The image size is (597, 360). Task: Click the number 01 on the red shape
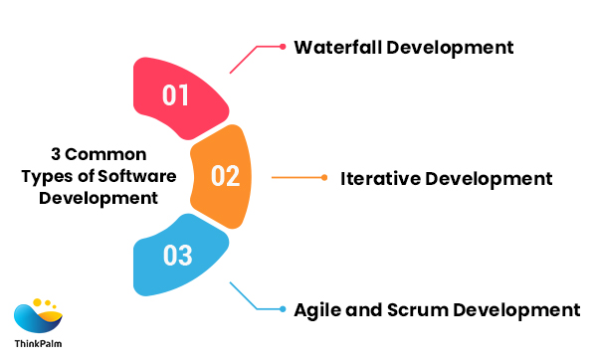pos(176,96)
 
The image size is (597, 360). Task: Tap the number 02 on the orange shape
pos(226,176)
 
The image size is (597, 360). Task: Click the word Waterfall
pos(335,47)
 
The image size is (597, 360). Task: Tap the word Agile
pos(318,309)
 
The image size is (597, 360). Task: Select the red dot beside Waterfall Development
pos(283,46)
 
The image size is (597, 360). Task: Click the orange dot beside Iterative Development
pos(323,178)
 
